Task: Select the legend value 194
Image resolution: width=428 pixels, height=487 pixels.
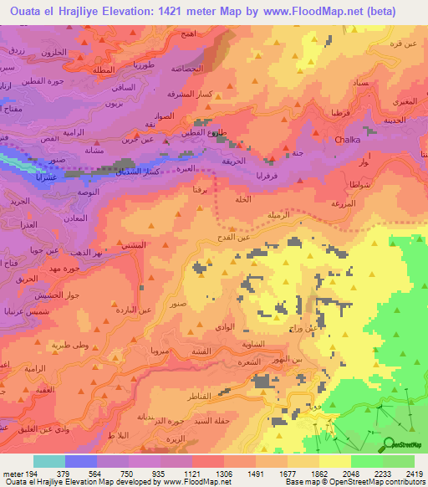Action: pyautogui.click(x=33, y=472)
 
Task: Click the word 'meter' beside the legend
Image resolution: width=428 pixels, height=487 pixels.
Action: pyautogui.click(x=13, y=472)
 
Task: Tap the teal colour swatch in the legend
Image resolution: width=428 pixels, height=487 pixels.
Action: pyautogui.click(x=49, y=461)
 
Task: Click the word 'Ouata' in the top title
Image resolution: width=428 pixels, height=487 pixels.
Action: pyautogui.click(x=28, y=11)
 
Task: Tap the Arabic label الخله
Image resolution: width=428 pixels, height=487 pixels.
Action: pyautogui.click(x=243, y=199)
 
